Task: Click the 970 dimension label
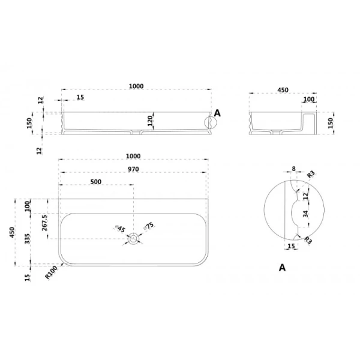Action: [133, 169]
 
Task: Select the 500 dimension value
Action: [96, 182]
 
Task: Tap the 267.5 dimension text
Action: [44, 223]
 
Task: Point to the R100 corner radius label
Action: [51, 273]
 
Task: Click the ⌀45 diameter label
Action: [120, 229]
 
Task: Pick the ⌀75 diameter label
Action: [149, 226]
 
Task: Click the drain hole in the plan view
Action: [133, 239]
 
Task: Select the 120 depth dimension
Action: [150, 121]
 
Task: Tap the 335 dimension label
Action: [28, 239]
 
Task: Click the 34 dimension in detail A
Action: [305, 214]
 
